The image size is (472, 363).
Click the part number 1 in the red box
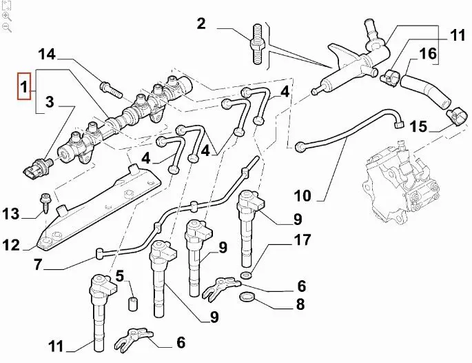(x=24, y=88)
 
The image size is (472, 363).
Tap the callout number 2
(x=201, y=25)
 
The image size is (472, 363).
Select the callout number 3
(x=50, y=104)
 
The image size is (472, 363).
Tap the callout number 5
(x=119, y=277)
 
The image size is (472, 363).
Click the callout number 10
(x=303, y=195)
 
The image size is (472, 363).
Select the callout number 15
(x=418, y=126)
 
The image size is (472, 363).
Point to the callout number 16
(x=427, y=52)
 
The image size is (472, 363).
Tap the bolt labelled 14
(x=109, y=87)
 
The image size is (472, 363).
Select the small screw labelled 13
(x=46, y=200)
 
